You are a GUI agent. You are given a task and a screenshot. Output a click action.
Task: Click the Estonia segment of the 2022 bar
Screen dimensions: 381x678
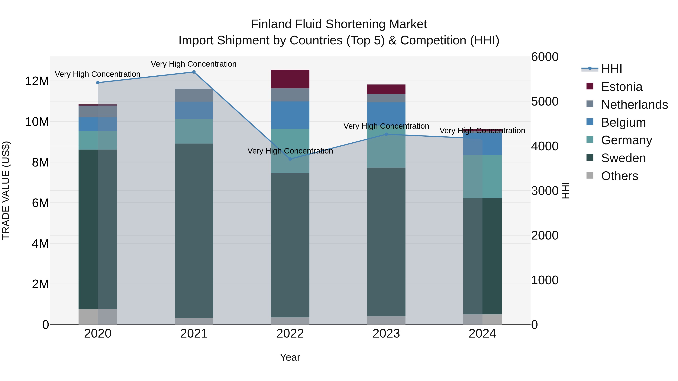click(290, 79)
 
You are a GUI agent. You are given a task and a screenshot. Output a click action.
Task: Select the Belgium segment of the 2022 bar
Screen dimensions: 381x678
click(290, 115)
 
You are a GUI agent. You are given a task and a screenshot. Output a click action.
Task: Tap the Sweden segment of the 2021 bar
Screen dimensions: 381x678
click(194, 231)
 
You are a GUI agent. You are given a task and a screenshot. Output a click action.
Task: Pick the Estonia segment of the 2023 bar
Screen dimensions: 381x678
click(386, 89)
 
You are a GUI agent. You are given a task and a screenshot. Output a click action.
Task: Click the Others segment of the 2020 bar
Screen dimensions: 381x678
click(98, 317)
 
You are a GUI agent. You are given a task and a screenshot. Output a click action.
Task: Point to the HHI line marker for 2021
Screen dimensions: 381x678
click(194, 72)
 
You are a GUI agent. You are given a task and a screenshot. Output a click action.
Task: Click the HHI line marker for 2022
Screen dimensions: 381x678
click(290, 159)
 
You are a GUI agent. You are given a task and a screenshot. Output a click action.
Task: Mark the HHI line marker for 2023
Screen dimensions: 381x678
click(386, 134)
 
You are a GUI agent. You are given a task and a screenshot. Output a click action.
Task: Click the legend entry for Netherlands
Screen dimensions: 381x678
click(634, 105)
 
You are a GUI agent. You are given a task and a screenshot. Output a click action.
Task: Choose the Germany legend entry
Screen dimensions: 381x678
click(626, 140)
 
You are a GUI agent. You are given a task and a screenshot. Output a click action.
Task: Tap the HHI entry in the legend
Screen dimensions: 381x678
click(611, 69)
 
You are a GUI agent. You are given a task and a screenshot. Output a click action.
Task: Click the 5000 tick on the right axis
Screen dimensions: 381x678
click(544, 101)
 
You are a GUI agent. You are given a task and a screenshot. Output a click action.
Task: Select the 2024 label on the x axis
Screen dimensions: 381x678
click(482, 334)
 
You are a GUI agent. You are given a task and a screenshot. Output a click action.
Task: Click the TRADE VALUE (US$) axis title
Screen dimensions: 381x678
click(6, 190)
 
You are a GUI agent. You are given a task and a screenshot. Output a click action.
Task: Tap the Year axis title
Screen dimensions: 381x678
click(290, 357)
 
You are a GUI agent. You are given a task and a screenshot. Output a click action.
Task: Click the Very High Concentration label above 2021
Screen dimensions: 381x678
click(194, 64)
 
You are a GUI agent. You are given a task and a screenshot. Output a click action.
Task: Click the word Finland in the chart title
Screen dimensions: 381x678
click(271, 24)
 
